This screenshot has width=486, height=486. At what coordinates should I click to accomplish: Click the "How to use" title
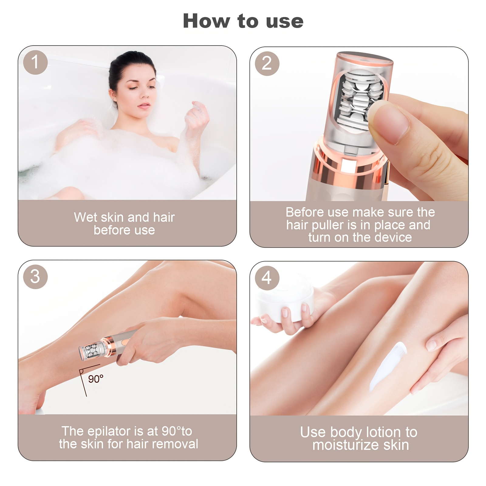[x=243, y=21]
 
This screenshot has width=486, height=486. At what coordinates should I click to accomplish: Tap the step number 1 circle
[x=35, y=62]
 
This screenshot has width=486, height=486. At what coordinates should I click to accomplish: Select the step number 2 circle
[x=267, y=63]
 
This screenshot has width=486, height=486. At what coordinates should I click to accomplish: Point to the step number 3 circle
[x=35, y=277]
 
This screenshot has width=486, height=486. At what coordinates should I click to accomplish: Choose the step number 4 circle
[x=267, y=278]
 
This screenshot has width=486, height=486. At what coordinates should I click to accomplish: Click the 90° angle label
[x=96, y=379]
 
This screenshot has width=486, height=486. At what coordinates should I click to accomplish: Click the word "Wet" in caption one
[x=86, y=217]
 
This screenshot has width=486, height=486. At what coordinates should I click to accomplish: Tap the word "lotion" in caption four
[x=384, y=432]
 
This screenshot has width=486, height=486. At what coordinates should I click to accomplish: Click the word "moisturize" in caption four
[x=346, y=445]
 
